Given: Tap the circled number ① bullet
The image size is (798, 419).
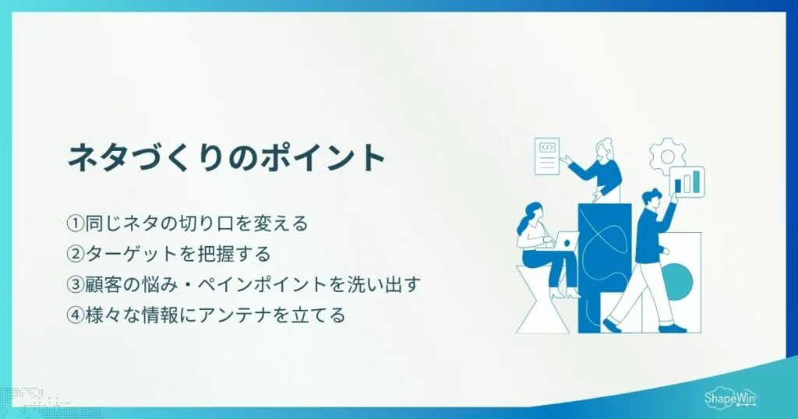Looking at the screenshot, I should (76, 224).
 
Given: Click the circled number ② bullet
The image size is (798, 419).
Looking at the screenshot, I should (76, 255).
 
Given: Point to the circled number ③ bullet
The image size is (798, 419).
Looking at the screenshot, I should (76, 285).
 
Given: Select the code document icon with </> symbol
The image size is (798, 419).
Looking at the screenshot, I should (548, 156).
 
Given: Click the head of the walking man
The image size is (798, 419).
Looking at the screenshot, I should (652, 199).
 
